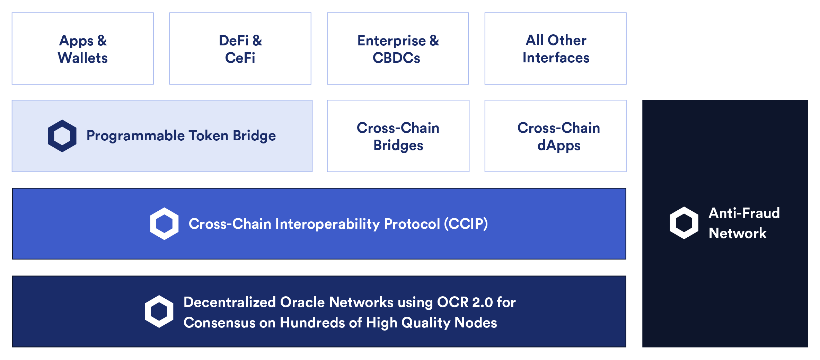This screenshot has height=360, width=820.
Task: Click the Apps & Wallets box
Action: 82,49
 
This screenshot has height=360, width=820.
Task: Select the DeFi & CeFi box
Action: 240,49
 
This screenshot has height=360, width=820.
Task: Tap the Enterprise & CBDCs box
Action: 398,49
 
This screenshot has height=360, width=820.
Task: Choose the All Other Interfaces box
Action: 555,49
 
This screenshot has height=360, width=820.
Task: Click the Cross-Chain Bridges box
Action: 398,136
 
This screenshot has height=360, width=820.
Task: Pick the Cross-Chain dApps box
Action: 555,136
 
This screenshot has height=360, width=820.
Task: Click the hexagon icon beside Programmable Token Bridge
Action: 62,136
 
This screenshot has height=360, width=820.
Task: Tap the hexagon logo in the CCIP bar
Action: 164,223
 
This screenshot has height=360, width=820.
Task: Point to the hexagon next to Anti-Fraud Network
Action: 684,223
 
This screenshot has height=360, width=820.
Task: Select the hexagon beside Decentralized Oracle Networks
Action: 159,311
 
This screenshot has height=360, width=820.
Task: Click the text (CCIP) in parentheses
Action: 466,224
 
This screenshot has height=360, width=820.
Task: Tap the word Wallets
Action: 83,58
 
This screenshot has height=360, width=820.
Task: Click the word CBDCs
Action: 396,58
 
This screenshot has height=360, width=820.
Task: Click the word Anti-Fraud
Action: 744,213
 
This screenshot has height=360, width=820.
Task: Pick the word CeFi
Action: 240,58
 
